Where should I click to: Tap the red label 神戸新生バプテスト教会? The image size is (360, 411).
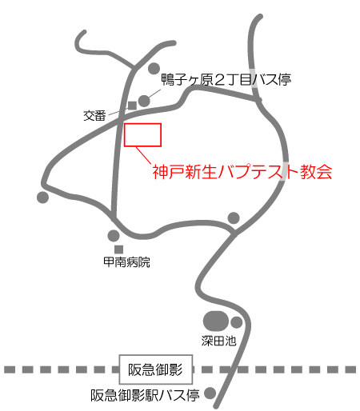(x=242, y=172)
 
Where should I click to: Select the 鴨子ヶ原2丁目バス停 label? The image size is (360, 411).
(x=226, y=79)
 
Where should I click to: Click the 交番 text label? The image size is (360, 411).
(x=94, y=116)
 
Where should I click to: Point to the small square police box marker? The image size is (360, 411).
(x=133, y=106)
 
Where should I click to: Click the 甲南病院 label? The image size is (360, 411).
(x=126, y=262)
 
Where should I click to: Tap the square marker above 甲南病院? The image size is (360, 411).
(x=118, y=249)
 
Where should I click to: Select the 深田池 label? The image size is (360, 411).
(x=218, y=341)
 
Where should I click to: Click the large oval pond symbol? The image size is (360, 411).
(x=216, y=321)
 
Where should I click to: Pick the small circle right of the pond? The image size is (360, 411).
(x=236, y=322)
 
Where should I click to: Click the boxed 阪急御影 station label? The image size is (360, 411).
(x=155, y=369)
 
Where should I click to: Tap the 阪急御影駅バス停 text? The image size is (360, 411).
(x=145, y=395)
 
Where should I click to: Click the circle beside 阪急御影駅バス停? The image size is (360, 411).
(x=210, y=393)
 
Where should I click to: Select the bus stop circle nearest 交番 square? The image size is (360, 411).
(x=144, y=101)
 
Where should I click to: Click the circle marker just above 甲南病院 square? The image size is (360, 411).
(x=114, y=236)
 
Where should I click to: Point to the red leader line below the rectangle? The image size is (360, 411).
(x=144, y=155)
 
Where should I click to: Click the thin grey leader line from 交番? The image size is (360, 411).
(x=118, y=113)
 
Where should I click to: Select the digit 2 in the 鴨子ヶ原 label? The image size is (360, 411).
(x=220, y=80)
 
